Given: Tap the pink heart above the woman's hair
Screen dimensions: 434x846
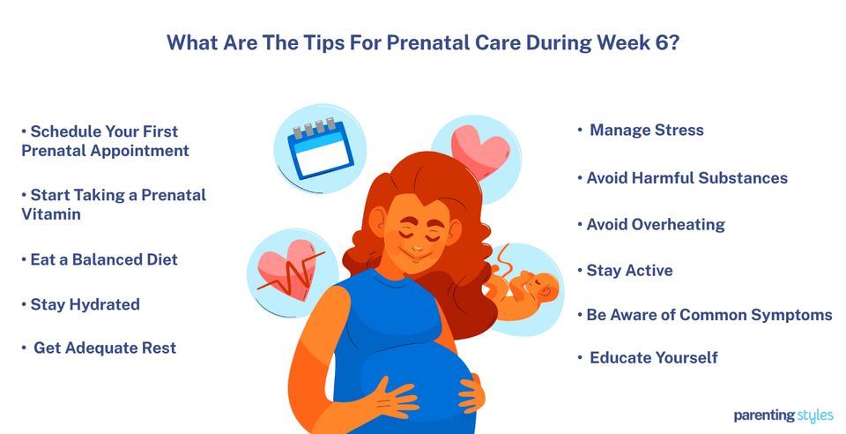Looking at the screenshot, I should tap(481, 150).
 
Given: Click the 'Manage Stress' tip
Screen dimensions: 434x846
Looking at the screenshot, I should tap(646, 131).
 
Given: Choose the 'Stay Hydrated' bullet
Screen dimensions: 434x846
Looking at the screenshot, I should tap(85, 304).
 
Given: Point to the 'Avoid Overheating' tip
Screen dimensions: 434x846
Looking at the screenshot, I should tap(655, 224).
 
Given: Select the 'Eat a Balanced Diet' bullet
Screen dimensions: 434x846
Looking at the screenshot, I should tap(103, 259).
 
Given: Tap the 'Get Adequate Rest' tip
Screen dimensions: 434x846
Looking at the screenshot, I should tap(104, 348).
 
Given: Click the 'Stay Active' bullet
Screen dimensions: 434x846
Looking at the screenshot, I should tap(629, 271).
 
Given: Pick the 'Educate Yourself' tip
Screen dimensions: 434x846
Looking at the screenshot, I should tap(653, 357).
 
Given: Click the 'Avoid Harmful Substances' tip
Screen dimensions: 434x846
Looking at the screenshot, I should tap(686, 178).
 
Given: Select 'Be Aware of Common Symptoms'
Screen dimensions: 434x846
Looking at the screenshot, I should tap(709, 315).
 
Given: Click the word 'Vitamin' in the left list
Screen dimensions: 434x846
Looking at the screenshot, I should tap(51, 213).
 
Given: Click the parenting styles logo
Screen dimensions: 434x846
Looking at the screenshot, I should tap(782, 415).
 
